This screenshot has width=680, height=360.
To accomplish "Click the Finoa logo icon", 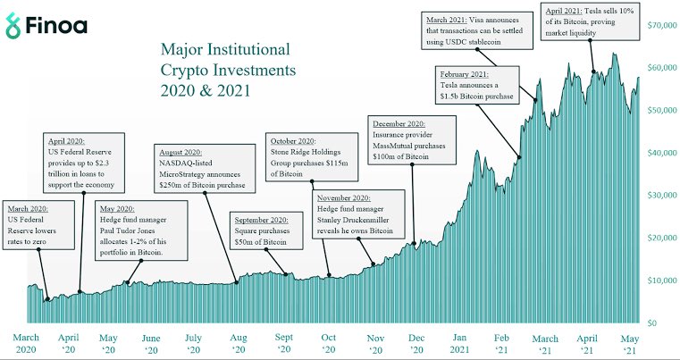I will (15, 26).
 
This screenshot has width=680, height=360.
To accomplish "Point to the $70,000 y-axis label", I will (660, 26).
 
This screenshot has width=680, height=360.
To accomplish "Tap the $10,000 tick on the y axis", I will (660, 280).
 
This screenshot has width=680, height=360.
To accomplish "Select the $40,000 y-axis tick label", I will (660, 153).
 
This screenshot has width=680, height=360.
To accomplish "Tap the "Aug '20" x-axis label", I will (239, 344).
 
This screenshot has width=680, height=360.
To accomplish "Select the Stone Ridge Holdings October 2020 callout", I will (306, 158).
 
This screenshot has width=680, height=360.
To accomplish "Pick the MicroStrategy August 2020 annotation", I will (201, 166).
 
